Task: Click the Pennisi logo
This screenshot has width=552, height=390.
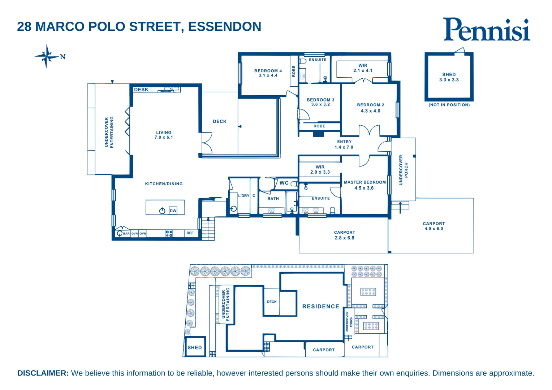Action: coord(486,29)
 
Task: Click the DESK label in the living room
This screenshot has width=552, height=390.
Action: coord(141,90)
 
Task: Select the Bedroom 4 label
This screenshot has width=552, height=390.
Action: coord(268,71)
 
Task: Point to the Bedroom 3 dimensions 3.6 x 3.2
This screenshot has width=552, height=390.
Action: coord(320,105)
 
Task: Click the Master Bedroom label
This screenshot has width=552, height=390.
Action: coord(365,182)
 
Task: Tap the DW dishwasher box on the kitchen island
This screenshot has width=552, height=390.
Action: coord(173,211)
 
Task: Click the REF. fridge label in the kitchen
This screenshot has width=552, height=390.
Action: coord(190,233)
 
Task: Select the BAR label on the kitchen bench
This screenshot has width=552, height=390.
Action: coord(126,234)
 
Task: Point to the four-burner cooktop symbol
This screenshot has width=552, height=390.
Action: coord(169,234)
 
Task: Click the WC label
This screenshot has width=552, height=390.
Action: coord(284,183)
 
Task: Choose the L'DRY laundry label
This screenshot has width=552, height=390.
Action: coord(243,196)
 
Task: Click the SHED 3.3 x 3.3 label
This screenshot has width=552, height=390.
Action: coord(449,77)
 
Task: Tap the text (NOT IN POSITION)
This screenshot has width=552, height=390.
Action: coord(449,105)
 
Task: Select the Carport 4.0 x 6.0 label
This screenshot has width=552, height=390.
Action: coord(434,226)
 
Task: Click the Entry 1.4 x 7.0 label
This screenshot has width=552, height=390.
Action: coord(344,144)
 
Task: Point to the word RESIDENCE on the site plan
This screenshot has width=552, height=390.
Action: coord(320,307)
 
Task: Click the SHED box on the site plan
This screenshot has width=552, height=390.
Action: coord(195,347)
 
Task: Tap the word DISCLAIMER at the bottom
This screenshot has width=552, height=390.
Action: coord(43,373)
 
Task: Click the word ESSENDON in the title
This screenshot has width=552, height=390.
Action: coord(224,27)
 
